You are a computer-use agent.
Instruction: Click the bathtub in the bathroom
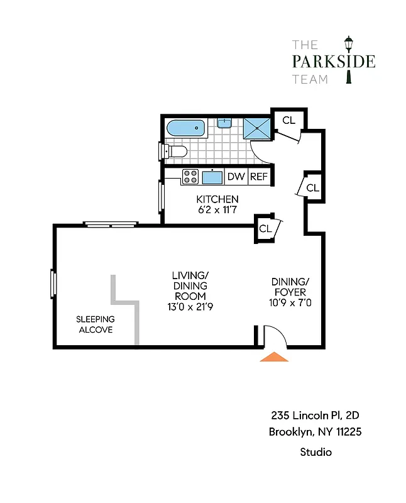click(186, 129)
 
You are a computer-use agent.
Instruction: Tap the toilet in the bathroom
click(175, 151)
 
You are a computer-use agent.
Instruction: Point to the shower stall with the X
click(256, 128)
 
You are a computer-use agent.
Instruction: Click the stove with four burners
click(190, 177)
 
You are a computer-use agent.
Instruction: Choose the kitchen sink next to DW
click(212, 177)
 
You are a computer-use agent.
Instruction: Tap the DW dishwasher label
click(236, 177)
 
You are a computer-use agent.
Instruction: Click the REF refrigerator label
click(259, 177)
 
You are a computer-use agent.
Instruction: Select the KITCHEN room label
click(217, 199)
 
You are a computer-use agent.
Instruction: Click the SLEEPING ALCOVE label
click(95, 324)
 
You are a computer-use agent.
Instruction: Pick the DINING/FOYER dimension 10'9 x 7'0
click(290, 302)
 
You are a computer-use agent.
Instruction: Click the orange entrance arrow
click(275, 357)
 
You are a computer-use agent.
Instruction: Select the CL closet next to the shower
click(288, 120)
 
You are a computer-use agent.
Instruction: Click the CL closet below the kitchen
click(266, 228)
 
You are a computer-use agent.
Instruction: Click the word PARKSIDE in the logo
click(334, 62)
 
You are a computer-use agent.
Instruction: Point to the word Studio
click(315, 451)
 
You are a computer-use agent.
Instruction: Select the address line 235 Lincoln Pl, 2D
click(315, 415)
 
